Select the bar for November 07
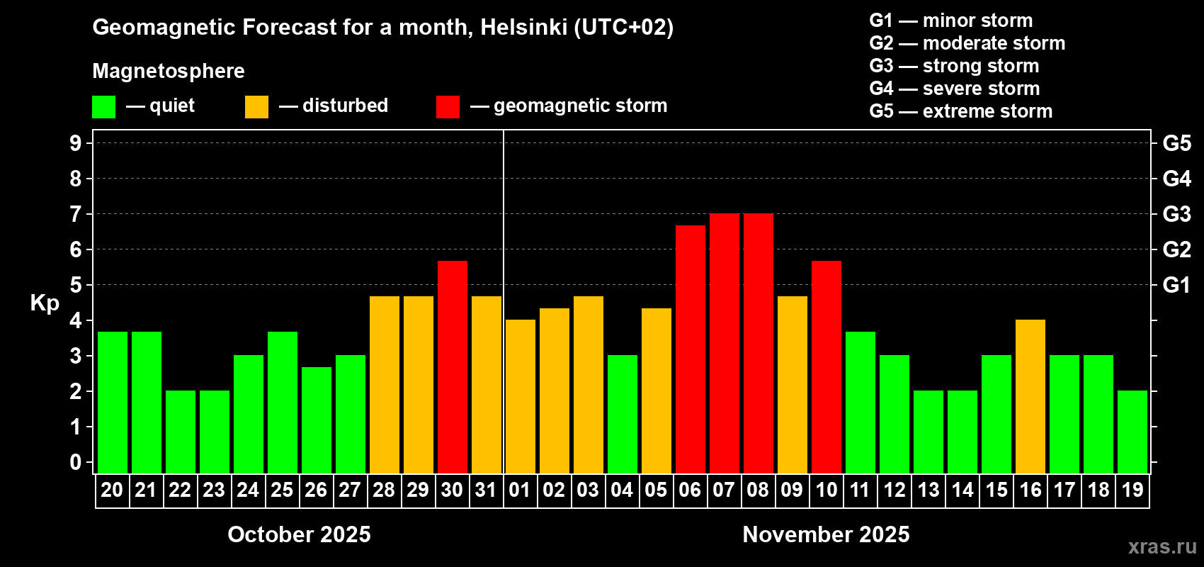click(x=724, y=343)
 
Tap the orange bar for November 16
click(x=1030, y=396)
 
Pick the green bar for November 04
click(x=622, y=414)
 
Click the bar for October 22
click(x=180, y=432)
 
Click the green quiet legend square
click(x=103, y=107)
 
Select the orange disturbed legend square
click(x=256, y=107)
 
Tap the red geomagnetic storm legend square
click(x=448, y=107)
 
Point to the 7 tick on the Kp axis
click(x=76, y=214)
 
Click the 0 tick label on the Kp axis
click(x=76, y=463)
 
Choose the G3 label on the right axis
click(x=1176, y=214)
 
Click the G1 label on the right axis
click(x=1176, y=285)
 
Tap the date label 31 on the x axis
click(x=486, y=490)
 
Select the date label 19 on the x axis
click(x=1132, y=490)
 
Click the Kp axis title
click(x=45, y=303)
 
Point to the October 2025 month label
click(x=299, y=534)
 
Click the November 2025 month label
click(x=826, y=534)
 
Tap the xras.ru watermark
click(x=1162, y=546)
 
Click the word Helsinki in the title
click(x=523, y=28)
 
